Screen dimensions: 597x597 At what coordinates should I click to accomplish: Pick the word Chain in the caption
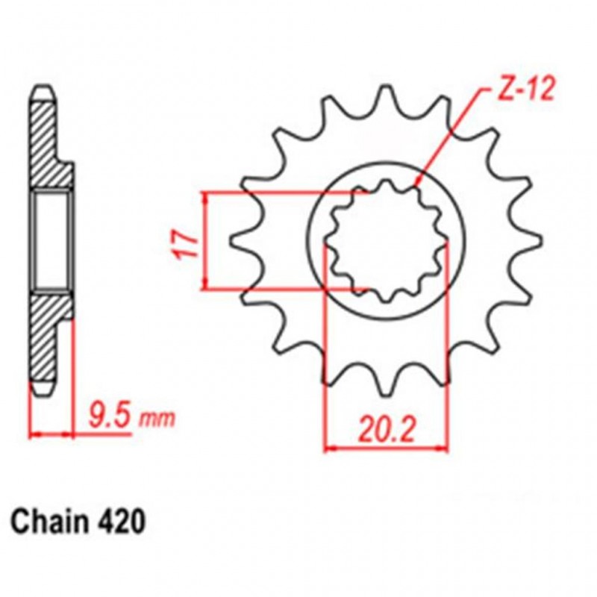[49, 521]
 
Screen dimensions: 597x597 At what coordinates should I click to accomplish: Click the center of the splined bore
[387, 240]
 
